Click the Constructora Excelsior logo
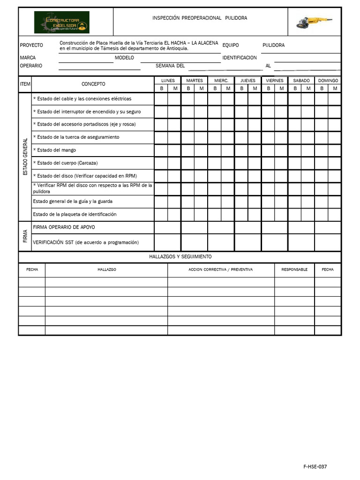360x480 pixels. click(x=61, y=22)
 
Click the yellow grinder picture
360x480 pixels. click(x=314, y=22)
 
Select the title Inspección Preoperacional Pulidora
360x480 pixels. click(x=200, y=18)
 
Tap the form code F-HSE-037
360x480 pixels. click(x=315, y=467)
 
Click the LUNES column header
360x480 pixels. click(x=168, y=81)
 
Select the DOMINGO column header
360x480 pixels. click(x=328, y=81)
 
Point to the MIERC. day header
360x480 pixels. click(x=221, y=81)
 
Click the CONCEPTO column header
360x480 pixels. click(x=93, y=84)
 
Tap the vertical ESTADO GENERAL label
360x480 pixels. click(x=25, y=157)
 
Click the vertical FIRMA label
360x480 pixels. click(x=25, y=236)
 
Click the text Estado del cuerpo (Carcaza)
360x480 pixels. click(x=65, y=163)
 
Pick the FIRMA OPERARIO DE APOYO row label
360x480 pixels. click(x=64, y=227)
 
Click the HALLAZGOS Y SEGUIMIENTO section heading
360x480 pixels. click(x=180, y=257)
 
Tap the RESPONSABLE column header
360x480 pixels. click(x=294, y=270)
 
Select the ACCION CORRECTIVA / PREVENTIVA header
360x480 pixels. click(x=221, y=270)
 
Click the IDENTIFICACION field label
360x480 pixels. click(x=240, y=58)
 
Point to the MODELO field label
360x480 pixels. click(x=124, y=58)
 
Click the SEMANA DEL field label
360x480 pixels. click(x=170, y=66)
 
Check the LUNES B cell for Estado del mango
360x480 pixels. click(x=161, y=150)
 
